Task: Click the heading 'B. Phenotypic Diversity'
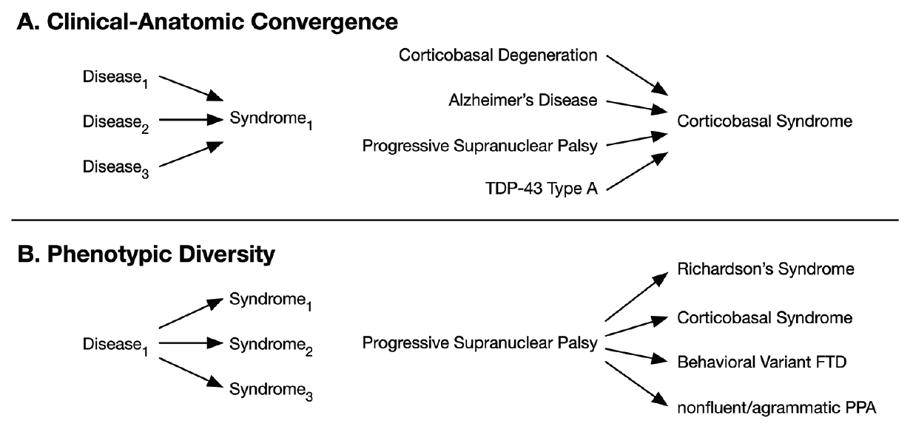point(145,254)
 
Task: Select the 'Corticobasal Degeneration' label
point(497,55)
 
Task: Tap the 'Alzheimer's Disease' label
point(523,100)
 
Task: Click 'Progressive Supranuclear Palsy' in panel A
point(479,144)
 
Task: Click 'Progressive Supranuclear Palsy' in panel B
point(479,344)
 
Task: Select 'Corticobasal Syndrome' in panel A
point(764,121)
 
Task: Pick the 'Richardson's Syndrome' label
point(766,269)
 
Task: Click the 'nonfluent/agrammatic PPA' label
point(776,408)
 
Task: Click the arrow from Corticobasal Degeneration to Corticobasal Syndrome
point(637,74)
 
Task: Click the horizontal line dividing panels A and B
point(456,220)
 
